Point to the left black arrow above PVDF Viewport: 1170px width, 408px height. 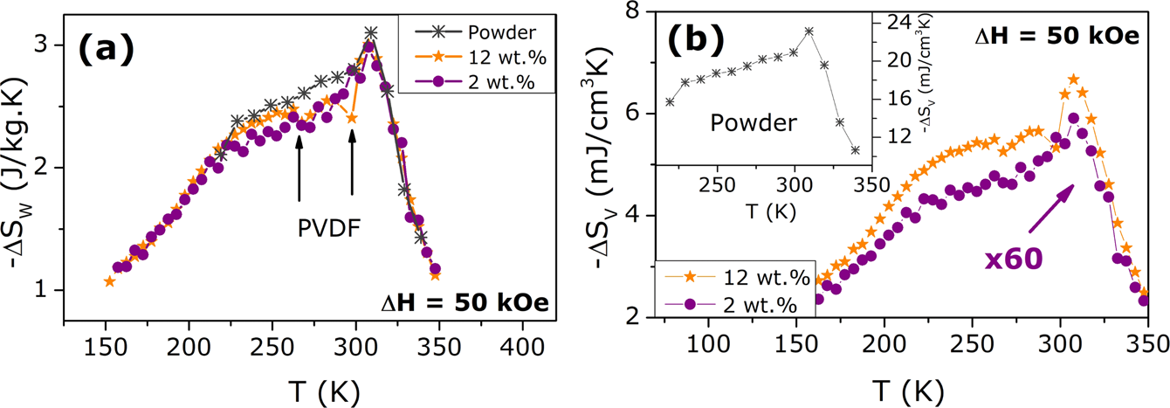(x=299, y=168)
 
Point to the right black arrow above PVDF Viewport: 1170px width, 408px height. (x=352, y=163)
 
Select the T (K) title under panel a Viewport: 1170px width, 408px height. (x=317, y=387)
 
